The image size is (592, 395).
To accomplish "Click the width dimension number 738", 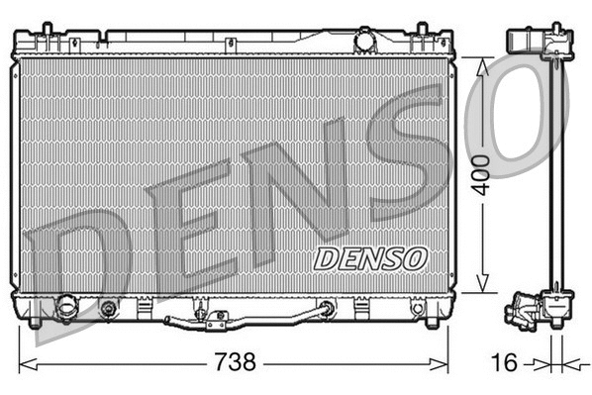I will coord(234,362).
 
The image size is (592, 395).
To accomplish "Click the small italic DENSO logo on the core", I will coord(370,257).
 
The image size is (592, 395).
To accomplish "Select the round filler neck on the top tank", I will coord(364,42).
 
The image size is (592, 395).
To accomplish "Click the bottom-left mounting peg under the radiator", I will coord(36,322).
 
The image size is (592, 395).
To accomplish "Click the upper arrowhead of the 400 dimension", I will coord(483,64).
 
